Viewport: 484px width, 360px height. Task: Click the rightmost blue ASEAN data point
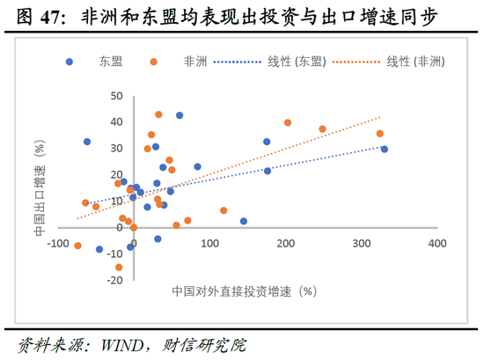tap(384, 150)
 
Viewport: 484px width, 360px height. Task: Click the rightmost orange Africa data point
tap(379, 134)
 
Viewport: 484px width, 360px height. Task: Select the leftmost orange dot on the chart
tap(78, 246)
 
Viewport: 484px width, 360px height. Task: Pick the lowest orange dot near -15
tap(119, 268)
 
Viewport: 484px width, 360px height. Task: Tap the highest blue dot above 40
tap(180, 115)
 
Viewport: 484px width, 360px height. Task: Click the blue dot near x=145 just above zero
tap(244, 221)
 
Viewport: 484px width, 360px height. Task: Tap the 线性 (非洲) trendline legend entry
tap(414, 61)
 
